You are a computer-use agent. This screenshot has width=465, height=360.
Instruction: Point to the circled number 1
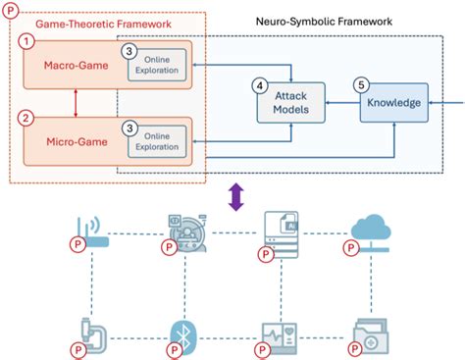click(x=30, y=41)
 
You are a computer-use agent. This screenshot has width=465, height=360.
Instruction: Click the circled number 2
click(x=30, y=117)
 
